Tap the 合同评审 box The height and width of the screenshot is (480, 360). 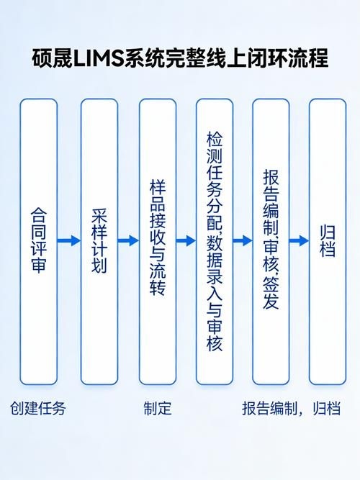[38, 241]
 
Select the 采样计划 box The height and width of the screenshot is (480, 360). [99, 241]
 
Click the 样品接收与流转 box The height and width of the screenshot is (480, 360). [158, 241]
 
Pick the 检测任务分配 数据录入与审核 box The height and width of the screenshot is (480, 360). [215, 241]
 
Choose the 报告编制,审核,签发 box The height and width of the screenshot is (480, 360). [271, 241]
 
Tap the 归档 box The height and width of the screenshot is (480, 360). [327, 241]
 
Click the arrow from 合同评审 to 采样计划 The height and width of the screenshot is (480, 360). [69, 241]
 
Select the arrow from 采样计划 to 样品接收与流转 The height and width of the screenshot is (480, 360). [128, 241]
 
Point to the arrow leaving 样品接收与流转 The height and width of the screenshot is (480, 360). [186, 241]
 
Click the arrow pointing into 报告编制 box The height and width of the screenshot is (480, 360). [243, 241]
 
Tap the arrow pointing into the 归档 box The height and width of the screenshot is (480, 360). [299, 241]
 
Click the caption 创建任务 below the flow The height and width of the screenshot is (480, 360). [38, 409]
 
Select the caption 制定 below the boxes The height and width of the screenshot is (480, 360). [158, 409]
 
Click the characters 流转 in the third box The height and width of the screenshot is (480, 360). [158, 282]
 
